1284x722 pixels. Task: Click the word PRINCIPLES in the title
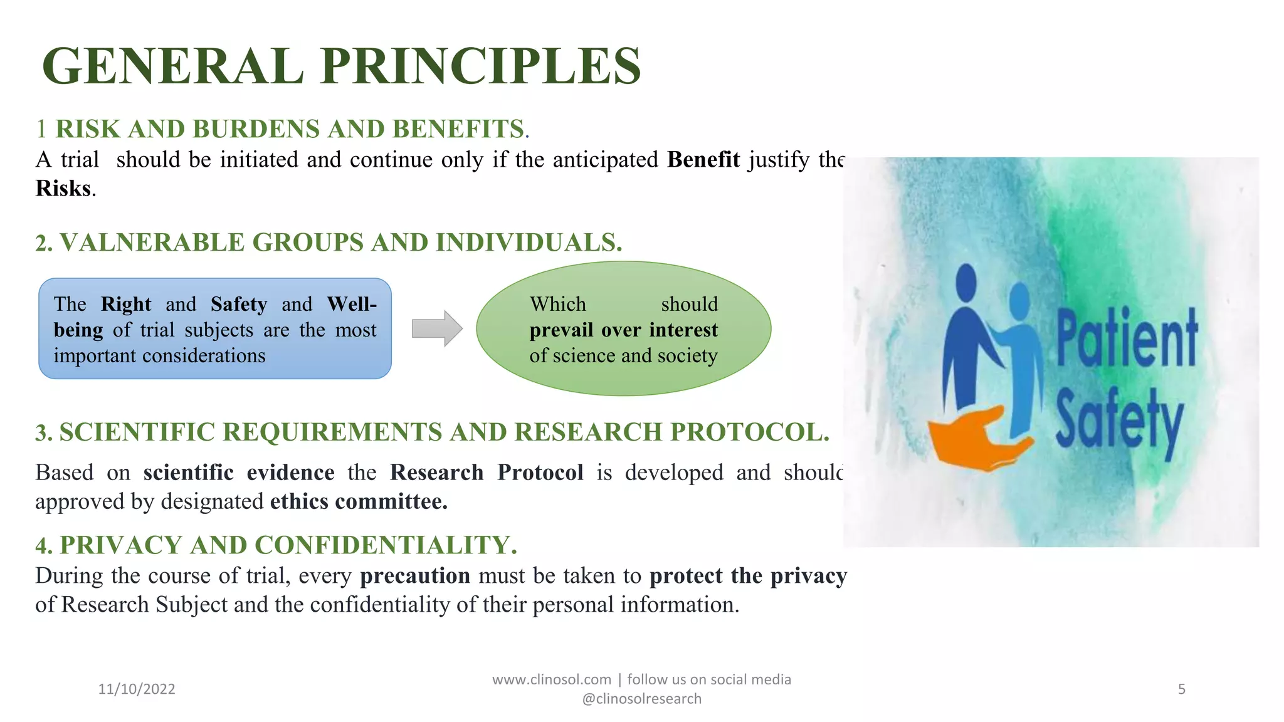[x=481, y=66]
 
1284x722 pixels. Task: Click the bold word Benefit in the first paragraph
[x=703, y=160]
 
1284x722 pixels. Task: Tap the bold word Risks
[x=63, y=188]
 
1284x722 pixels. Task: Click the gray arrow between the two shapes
[x=437, y=328]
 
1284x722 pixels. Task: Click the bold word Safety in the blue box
[x=239, y=304]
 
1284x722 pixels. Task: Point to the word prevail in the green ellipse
[x=560, y=330]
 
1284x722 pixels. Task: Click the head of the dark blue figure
[x=966, y=282]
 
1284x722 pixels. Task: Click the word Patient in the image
[x=1127, y=338]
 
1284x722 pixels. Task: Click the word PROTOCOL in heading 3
[x=749, y=432]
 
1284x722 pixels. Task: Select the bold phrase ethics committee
[x=359, y=501]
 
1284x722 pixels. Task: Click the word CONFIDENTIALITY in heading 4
[x=384, y=545]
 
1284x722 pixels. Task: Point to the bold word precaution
[x=414, y=575]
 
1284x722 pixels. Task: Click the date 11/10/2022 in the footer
[x=137, y=689]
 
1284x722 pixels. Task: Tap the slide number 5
[x=1181, y=689]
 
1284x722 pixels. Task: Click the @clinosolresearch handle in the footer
[x=641, y=699]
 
